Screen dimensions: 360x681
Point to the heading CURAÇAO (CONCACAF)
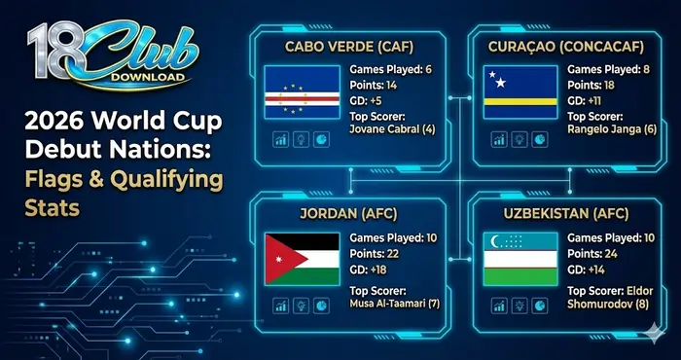coord(562,46)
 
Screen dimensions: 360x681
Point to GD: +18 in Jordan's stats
coord(374,270)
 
